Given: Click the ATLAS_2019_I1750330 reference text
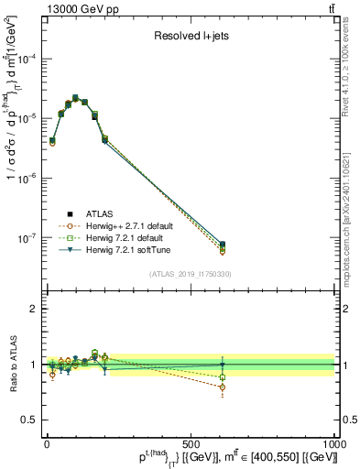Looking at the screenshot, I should pos(190,274).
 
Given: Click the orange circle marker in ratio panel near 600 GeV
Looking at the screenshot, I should pos(223,387).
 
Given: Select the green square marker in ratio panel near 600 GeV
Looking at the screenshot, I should pos(223,376).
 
